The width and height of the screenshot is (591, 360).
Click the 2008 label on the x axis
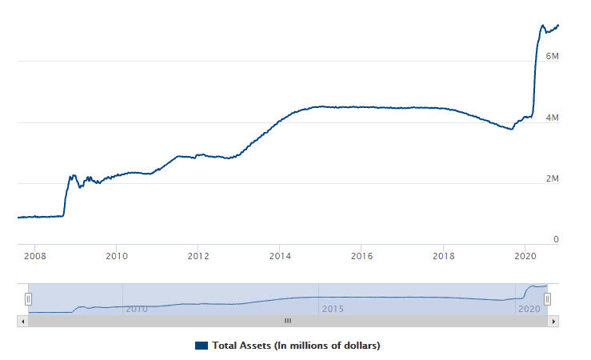[x=34, y=257]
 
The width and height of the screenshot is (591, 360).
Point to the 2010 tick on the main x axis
[x=117, y=257]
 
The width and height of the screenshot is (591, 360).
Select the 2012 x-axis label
[x=198, y=257]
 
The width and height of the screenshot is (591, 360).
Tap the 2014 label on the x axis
[x=280, y=257]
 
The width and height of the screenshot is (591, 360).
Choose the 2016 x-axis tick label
[x=361, y=257]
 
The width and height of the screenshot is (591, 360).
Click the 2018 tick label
[x=443, y=257]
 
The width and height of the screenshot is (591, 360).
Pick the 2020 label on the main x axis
[x=525, y=257]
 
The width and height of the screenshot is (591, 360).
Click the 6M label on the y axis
[x=552, y=57]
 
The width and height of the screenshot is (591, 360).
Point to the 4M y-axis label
[x=552, y=118]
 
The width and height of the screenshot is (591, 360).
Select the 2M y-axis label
[x=552, y=179]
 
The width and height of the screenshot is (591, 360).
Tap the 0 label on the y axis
[x=556, y=240]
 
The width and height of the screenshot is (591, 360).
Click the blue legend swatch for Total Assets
[x=202, y=346]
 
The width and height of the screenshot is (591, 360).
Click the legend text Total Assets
[x=296, y=346]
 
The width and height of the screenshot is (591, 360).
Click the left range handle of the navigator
[x=28, y=298]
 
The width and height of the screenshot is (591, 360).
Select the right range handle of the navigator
[x=548, y=298]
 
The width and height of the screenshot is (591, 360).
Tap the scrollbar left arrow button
[x=22, y=321]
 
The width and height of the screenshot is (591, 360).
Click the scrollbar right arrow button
[x=553, y=321]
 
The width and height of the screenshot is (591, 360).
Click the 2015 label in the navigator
[x=332, y=309]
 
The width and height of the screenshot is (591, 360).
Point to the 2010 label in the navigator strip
[x=137, y=309]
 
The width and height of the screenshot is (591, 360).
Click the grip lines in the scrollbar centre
[x=288, y=321]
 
